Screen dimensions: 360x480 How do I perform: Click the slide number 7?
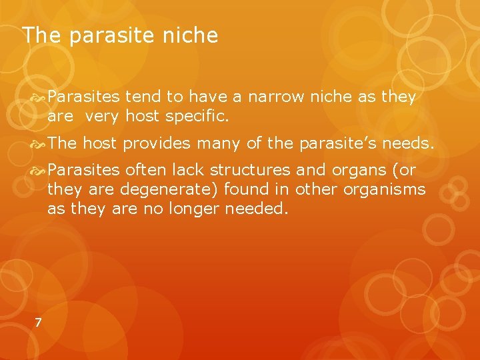(x=38, y=323)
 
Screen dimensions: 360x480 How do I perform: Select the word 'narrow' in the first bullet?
(x=275, y=97)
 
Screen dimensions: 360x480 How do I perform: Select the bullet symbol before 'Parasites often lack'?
(x=39, y=170)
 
